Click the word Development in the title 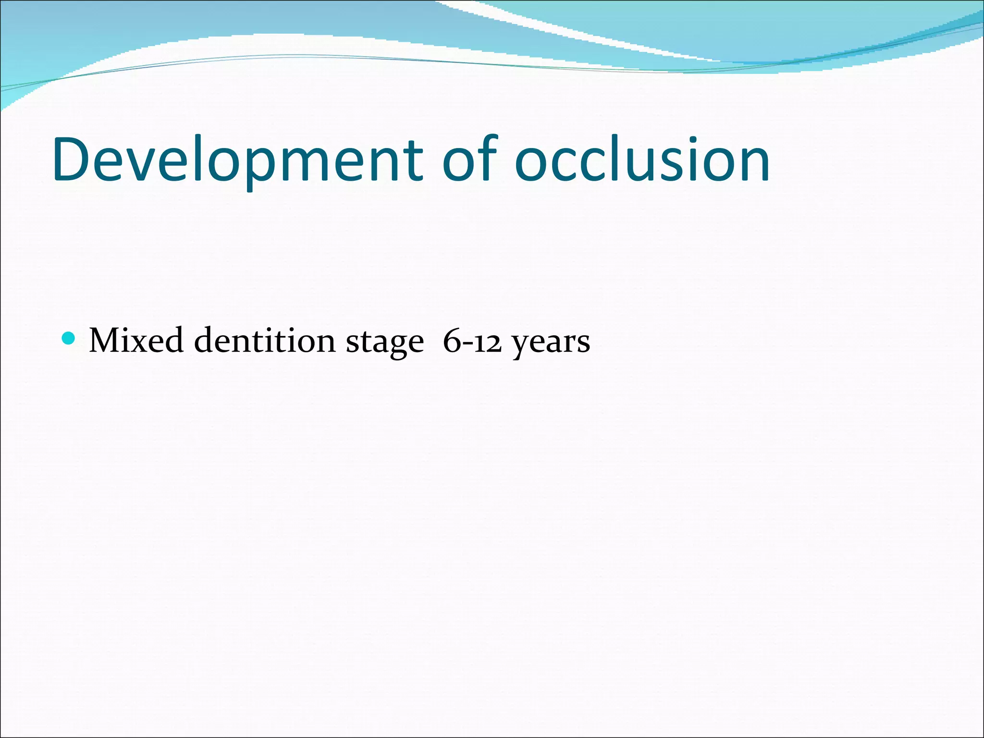coord(238,160)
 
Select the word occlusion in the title coord(642,160)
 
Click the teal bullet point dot coord(69,338)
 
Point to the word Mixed coord(136,341)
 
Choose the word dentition coord(265,341)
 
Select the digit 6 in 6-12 coord(452,341)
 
